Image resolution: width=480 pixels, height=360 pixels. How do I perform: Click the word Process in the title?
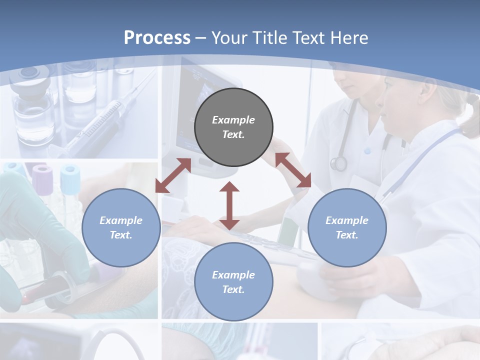(x=157, y=38)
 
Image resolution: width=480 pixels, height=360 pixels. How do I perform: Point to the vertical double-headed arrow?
(x=229, y=205)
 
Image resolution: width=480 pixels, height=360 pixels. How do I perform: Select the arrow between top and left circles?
(x=173, y=175)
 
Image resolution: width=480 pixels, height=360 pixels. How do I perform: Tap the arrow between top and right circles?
(x=293, y=170)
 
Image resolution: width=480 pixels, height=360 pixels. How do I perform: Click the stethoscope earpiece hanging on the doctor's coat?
(x=339, y=163)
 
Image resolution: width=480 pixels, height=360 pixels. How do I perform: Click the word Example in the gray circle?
(x=233, y=120)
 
